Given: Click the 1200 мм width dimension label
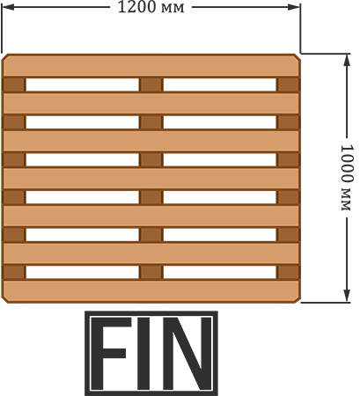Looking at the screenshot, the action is (x=151, y=7).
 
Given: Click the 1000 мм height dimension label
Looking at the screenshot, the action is (x=346, y=178).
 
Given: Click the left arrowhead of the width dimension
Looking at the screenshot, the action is (x=8, y=7).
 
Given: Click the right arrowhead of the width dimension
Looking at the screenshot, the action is (x=294, y=7).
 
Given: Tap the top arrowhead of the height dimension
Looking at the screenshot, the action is (x=347, y=61).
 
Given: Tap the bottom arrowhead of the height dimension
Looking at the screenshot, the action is (x=347, y=296).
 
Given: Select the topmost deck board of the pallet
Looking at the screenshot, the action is (x=151, y=65).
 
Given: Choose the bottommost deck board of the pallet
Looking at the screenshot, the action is (x=151, y=291).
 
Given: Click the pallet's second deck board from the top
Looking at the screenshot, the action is (x=151, y=103).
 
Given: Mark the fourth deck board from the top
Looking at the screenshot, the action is (x=151, y=179).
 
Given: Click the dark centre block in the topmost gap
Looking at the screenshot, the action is (x=151, y=84).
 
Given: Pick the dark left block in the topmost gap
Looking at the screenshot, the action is (x=14, y=84).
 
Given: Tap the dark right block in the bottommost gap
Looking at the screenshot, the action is (x=288, y=272).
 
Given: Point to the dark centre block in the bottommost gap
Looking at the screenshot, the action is (x=151, y=272).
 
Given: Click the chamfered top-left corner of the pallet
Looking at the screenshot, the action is (x=4, y=57).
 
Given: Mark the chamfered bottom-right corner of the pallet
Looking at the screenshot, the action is (x=298, y=300).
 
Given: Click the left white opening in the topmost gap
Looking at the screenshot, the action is (x=83, y=84).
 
